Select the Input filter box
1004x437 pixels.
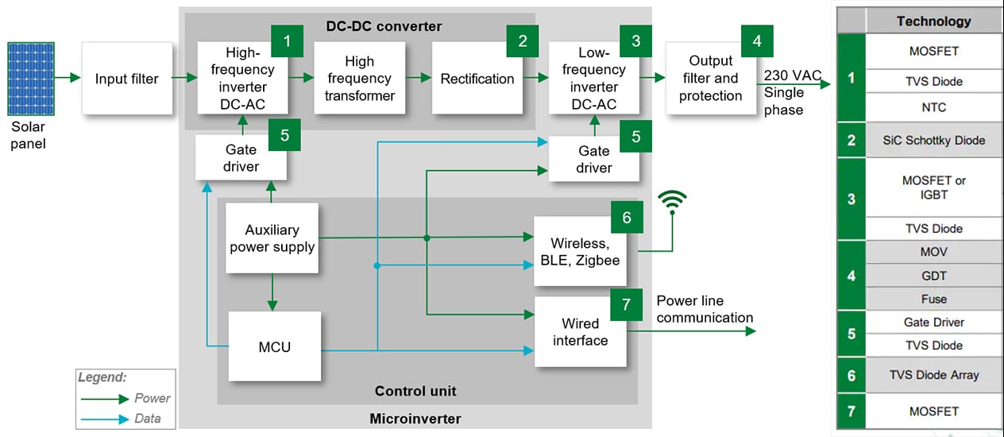[127, 79]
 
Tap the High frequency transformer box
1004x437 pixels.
[359, 79]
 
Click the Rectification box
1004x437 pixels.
[477, 79]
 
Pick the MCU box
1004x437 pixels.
[275, 346]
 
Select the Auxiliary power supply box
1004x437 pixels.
[272, 238]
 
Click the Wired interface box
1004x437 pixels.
[581, 332]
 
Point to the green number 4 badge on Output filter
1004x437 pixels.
[756, 41]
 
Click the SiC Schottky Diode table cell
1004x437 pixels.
[933, 141]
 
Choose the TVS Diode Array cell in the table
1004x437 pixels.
[933, 375]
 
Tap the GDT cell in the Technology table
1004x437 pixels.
[933, 276]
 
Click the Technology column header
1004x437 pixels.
[933, 21]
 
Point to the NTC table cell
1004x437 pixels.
[933, 107]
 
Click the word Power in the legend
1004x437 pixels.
[153, 398]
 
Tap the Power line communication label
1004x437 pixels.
[705, 309]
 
